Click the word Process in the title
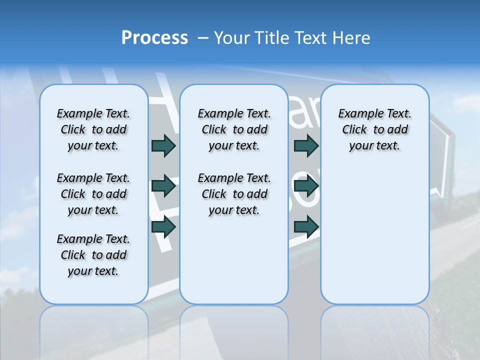point(154,38)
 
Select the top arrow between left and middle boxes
point(163,145)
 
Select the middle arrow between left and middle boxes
point(163,186)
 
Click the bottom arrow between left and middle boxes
point(163,226)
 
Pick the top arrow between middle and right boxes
point(306,145)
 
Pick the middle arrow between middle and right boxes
point(306,186)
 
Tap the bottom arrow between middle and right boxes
point(306,226)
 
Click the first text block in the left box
point(93,129)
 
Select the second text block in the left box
point(93,194)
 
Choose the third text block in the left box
point(93,255)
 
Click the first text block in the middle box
point(234,129)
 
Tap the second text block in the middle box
point(234,194)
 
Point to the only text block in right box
point(375,129)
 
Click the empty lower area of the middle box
point(234,260)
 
